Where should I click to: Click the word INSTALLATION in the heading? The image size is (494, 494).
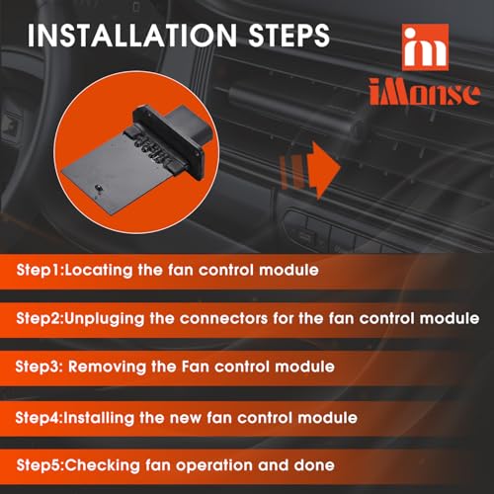[x=132, y=35]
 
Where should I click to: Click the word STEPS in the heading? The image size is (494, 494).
[x=288, y=35]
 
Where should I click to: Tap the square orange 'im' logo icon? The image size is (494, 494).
[x=425, y=47]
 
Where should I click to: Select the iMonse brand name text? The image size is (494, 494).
[x=424, y=93]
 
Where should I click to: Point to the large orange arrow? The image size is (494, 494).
[x=323, y=170]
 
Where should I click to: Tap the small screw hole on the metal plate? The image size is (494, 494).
[x=98, y=188]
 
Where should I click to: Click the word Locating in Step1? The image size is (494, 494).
[x=99, y=271]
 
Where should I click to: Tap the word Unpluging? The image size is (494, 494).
[x=105, y=319]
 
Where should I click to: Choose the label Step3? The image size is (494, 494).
[x=39, y=367]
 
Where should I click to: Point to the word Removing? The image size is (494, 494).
[x=107, y=368]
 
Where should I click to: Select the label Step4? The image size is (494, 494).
[x=39, y=418]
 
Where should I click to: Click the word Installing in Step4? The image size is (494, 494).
[x=99, y=418]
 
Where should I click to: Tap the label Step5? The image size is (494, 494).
[x=40, y=465]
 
